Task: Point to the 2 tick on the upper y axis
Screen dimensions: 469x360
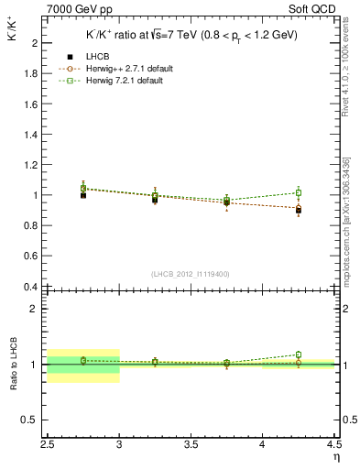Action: pyautogui.click(x=35, y=43)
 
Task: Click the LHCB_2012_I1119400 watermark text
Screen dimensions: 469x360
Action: pyautogui.click(x=190, y=274)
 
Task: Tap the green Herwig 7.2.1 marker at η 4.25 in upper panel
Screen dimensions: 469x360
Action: pyautogui.click(x=298, y=193)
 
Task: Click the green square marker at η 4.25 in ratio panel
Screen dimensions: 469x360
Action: pyautogui.click(x=298, y=354)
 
